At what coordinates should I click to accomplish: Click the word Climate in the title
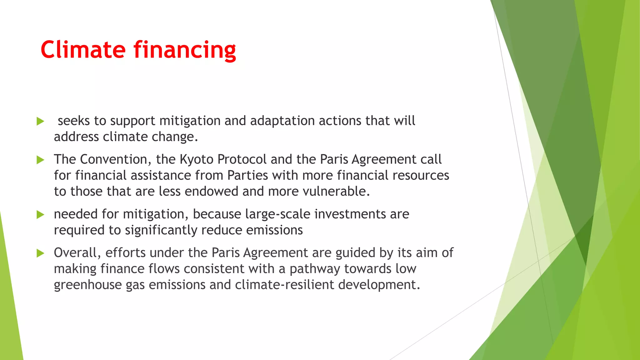(x=83, y=50)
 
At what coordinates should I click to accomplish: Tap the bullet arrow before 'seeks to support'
(x=40, y=121)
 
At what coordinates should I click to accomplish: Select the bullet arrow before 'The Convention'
(x=40, y=160)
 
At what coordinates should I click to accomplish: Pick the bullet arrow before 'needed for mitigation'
(x=40, y=215)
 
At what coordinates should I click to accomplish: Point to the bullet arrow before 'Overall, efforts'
(x=40, y=253)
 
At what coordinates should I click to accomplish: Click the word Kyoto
(x=196, y=160)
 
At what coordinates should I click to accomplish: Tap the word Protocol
(x=242, y=160)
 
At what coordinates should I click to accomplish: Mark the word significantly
(x=161, y=230)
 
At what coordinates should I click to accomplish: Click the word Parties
(x=247, y=175)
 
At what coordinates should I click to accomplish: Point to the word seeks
(x=74, y=121)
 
